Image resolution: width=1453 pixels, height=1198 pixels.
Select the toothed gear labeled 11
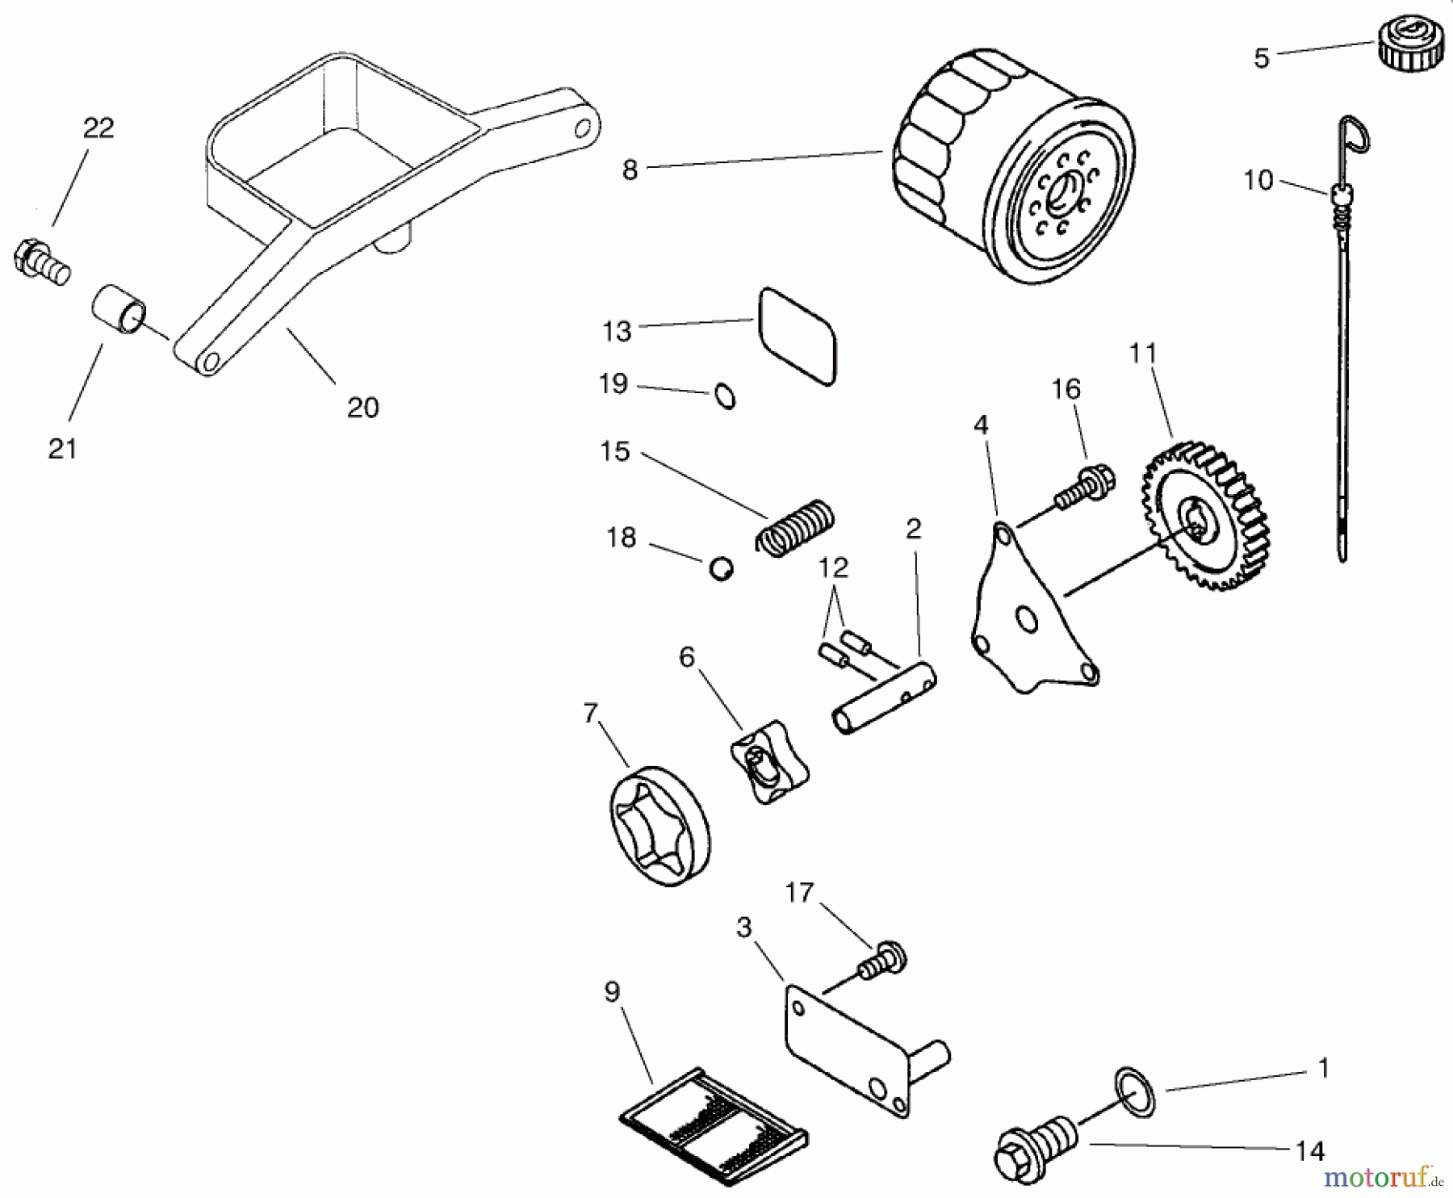point(1204,517)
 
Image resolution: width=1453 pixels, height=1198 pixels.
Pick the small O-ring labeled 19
point(725,396)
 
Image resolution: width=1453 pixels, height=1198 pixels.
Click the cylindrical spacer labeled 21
point(119,310)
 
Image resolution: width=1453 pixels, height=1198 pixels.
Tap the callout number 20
point(362,408)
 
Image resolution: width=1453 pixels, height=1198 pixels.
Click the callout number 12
point(833,568)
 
